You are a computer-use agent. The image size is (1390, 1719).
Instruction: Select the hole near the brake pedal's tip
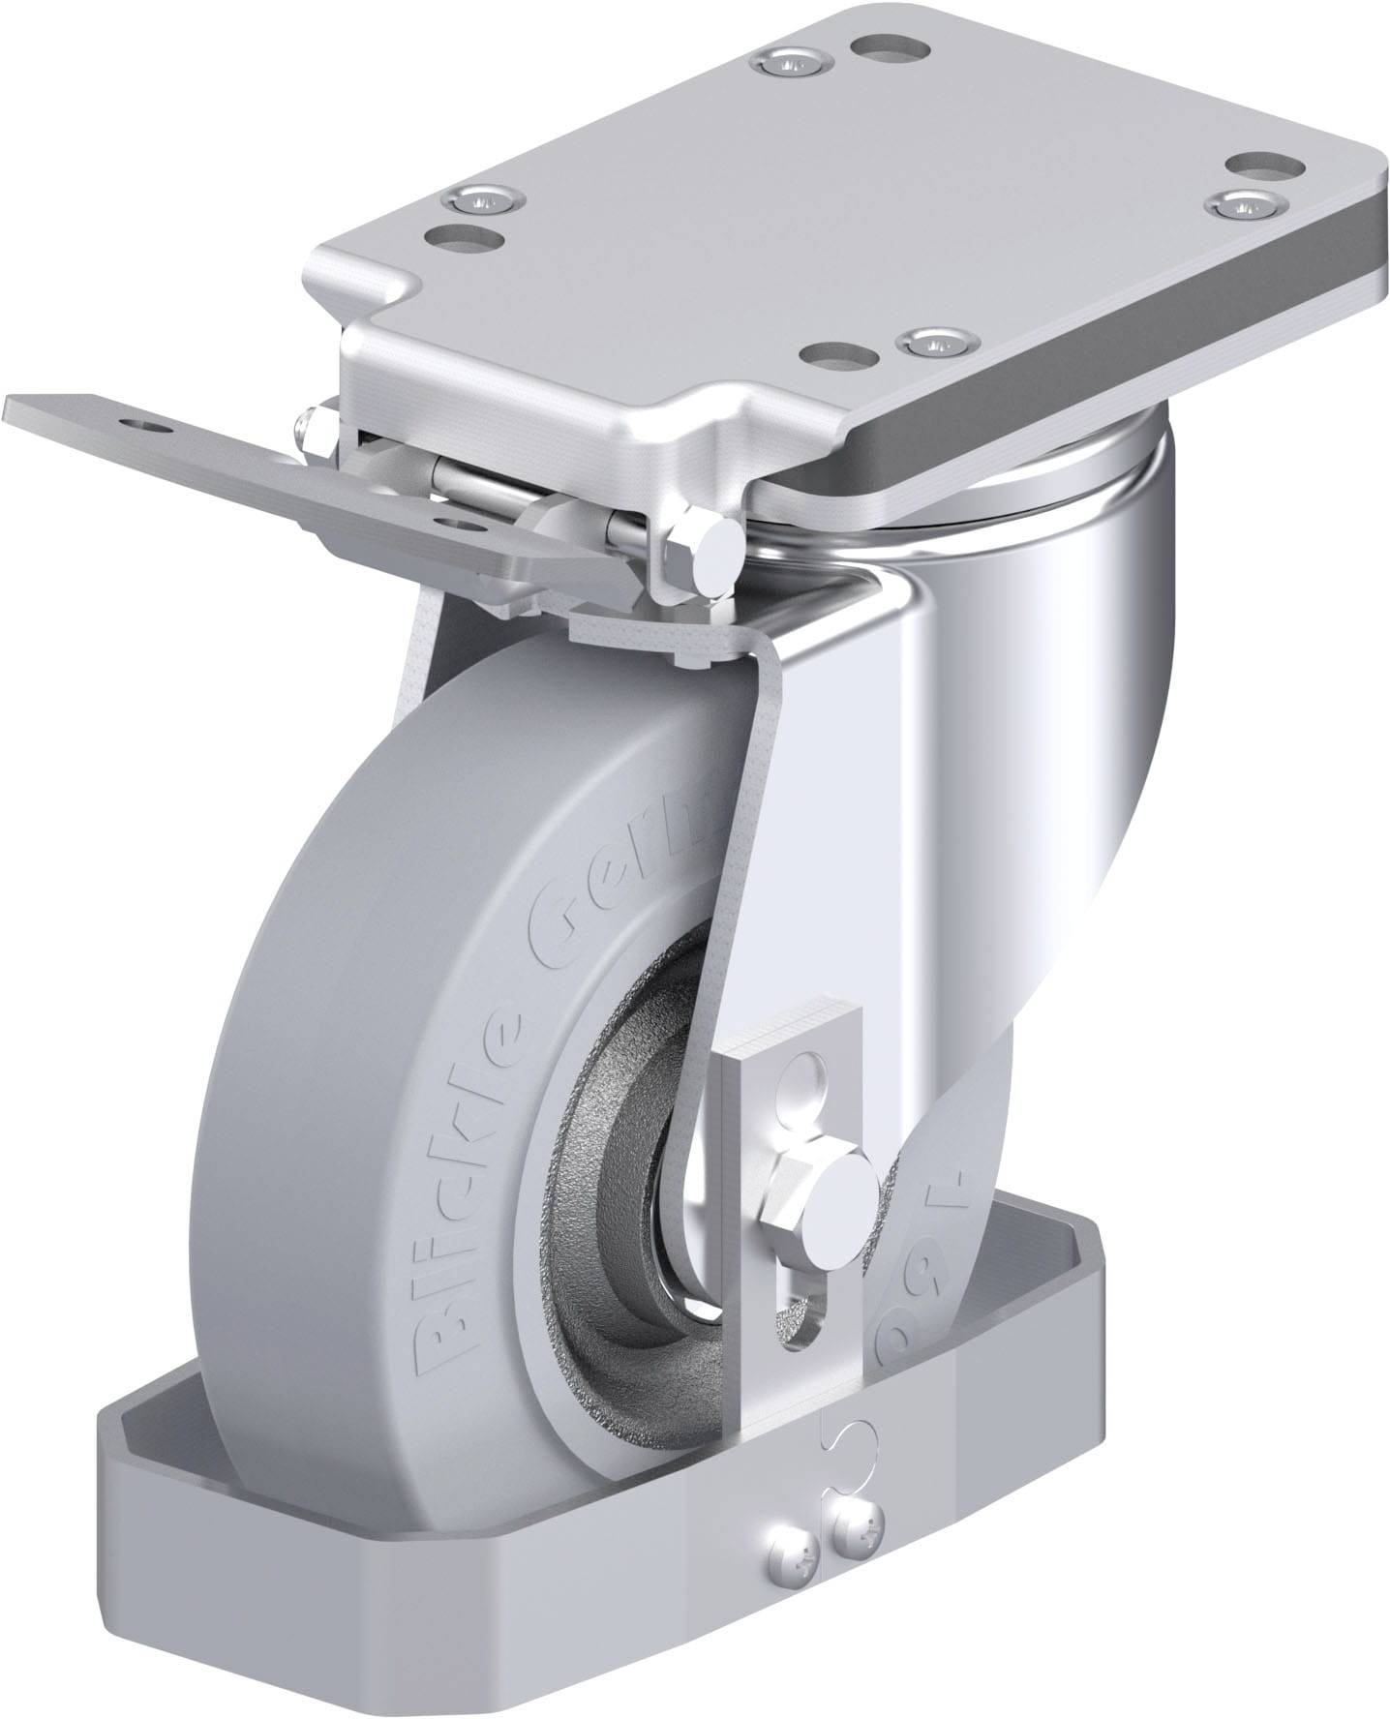click(144, 423)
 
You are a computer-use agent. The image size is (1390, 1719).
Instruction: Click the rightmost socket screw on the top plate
click(1243, 203)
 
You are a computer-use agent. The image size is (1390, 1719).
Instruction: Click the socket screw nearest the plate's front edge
click(933, 340)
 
